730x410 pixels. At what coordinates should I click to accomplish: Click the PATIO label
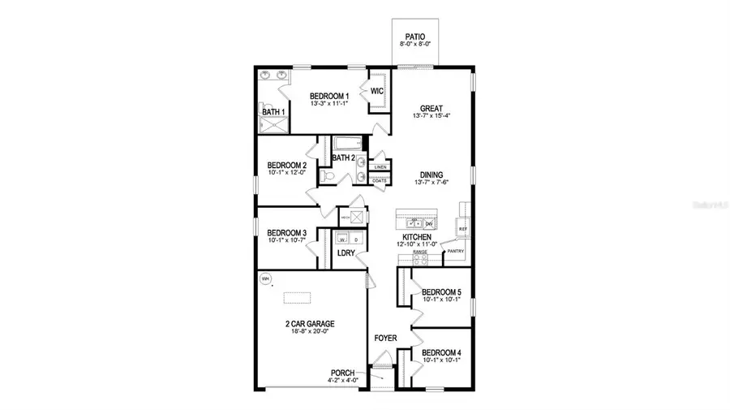point(415,37)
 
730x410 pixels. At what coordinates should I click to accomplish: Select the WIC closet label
point(376,91)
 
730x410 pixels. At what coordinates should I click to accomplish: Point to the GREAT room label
point(431,108)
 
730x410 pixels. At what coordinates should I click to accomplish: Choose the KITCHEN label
point(419,237)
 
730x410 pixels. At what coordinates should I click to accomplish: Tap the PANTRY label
point(455,252)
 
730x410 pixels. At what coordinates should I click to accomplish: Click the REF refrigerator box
point(463,230)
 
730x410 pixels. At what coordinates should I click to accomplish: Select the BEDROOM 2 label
point(286,165)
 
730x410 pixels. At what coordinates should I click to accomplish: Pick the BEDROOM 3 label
point(286,232)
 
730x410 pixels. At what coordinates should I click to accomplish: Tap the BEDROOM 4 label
point(441,352)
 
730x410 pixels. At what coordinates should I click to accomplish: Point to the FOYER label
point(384,337)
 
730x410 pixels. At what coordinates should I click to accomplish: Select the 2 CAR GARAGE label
point(310,323)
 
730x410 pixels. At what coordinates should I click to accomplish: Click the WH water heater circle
point(264,278)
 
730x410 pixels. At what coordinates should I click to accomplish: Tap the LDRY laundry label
point(346,253)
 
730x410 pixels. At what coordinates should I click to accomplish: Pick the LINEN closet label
point(380,167)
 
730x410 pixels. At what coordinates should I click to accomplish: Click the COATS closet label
point(380,180)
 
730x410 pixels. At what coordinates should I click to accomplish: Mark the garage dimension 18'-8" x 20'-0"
point(310,331)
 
